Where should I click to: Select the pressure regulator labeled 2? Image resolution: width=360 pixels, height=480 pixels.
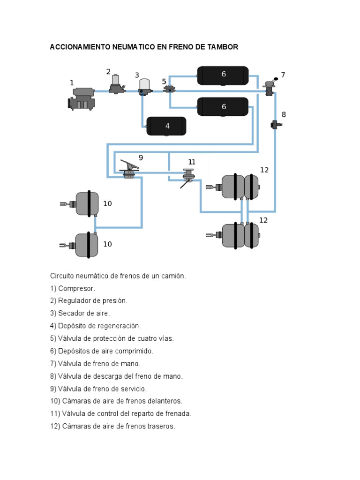[x=116, y=84]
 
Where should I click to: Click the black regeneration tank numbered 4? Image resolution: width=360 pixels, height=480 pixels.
[x=166, y=126]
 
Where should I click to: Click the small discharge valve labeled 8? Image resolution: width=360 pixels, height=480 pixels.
[x=275, y=125]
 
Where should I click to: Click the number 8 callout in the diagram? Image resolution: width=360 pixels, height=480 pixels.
[x=284, y=114]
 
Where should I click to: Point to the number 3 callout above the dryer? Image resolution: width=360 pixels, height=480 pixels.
[x=137, y=75]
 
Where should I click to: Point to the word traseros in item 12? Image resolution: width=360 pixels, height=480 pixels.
[x=161, y=426]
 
